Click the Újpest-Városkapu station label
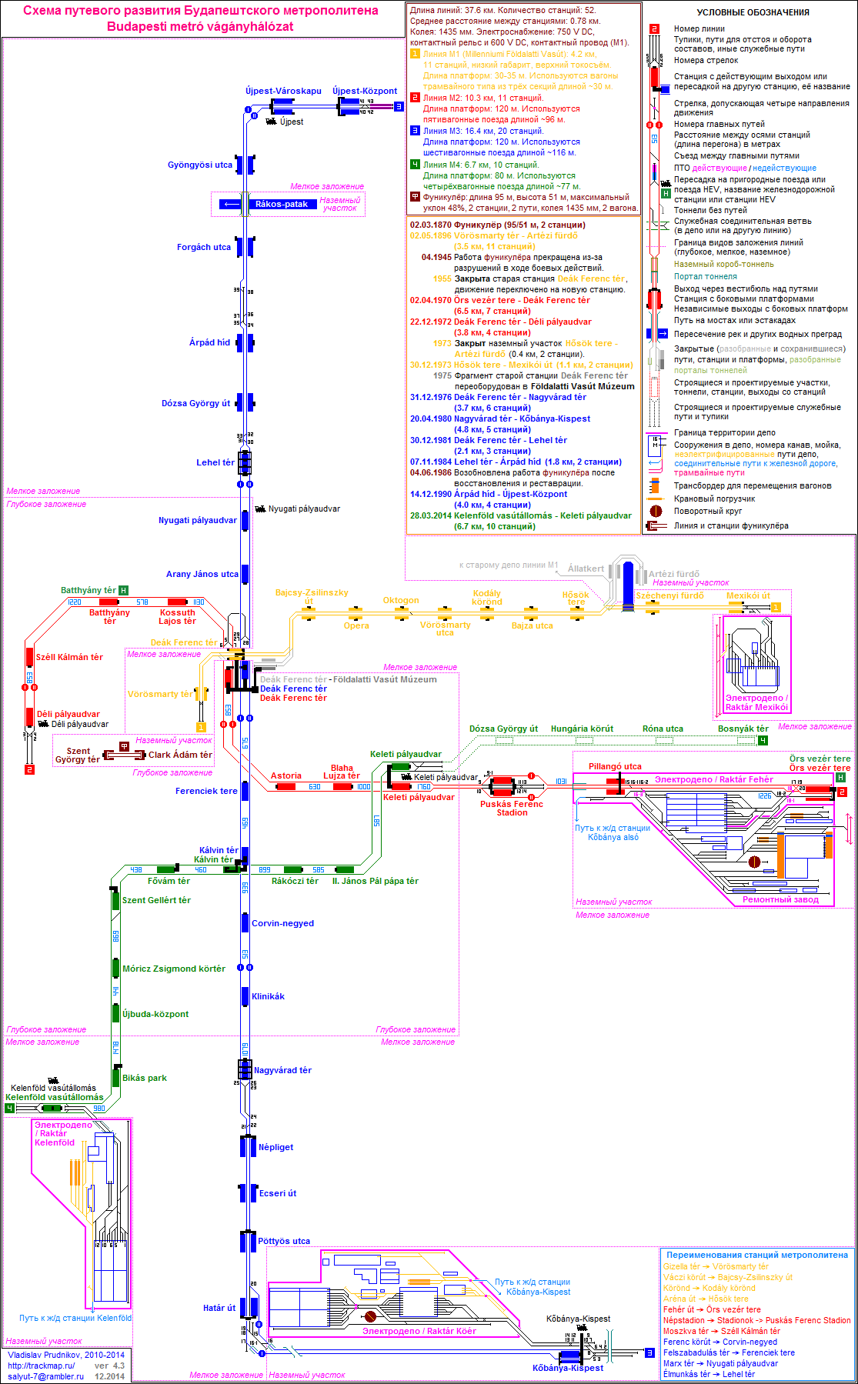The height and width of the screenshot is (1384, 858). pos(283,91)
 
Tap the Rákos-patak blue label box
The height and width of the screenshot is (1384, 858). pos(282,204)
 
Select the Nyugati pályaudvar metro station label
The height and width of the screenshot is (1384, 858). pos(198,520)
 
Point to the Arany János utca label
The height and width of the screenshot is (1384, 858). pos(202,574)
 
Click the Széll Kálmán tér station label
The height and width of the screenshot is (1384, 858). pos(69,657)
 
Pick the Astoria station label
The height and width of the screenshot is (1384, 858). pos(286,775)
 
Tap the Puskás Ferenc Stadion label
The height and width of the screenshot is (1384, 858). pos(512,808)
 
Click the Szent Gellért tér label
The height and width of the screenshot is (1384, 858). pos(156,900)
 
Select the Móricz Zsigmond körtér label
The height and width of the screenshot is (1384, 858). pos(174,969)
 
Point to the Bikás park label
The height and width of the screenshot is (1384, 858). pos(145,1078)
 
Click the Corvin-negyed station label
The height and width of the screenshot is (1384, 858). pos(282,923)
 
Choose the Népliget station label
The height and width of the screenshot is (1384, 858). pos(275,1147)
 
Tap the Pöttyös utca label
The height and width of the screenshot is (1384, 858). pos(284,1241)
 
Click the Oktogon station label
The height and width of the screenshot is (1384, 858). pos(401,600)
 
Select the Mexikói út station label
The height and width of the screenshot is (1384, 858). pos(748,595)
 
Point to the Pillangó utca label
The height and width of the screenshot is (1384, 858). pos(615,766)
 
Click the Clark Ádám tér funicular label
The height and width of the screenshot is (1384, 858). pos(180,755)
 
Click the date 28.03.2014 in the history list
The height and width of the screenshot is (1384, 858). pos(430,515)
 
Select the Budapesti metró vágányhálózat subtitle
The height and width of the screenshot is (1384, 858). pos(200,26)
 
